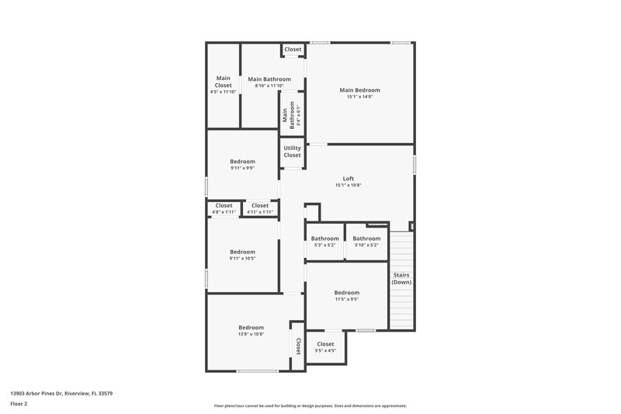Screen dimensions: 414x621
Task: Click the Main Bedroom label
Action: pyautogui.click(x=359, y=90)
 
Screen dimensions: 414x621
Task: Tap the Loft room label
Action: pyautogui.click(x=349, y=179)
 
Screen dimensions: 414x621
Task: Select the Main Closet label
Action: pyautogui.click(x=224, y=81)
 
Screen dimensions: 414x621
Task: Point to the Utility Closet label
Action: pyautogui.click(x=292, y=151)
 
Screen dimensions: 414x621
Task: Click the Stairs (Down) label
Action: pyautogui.click(x=401, y=278)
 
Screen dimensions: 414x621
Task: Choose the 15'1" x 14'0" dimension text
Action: pyautogui.click(x=359, y=97)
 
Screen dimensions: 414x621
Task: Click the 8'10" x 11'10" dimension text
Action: pyautogui.click(x=269, y=85)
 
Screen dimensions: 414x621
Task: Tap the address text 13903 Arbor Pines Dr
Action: pyautogui.click(x=61, y=393)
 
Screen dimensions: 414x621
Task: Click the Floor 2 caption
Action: pyautogui.click(x=19, y=404)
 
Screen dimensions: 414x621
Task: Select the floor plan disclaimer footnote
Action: pyautogui.click(x=310, y=405)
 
